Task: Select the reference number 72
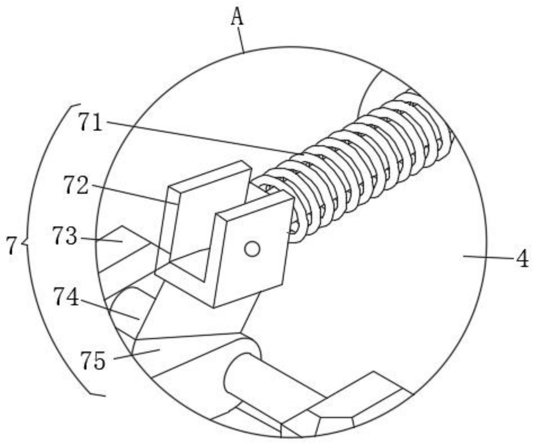pyautogui.click(x=76, y=185)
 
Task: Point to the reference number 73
pyautogui.click(x=64, y=236)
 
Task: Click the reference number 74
pyautogui.click(x=66, y=297)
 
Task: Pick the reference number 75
pyautogui.click(x=93, y=360)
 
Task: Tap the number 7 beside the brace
pyautogui.click(x=12, y=246)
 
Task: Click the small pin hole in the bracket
pyautogui.click(x=252, y=249)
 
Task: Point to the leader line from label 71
pyautogui.click(x=203, y=137)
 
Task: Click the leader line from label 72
pyautogui.click(x=135, y=195)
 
